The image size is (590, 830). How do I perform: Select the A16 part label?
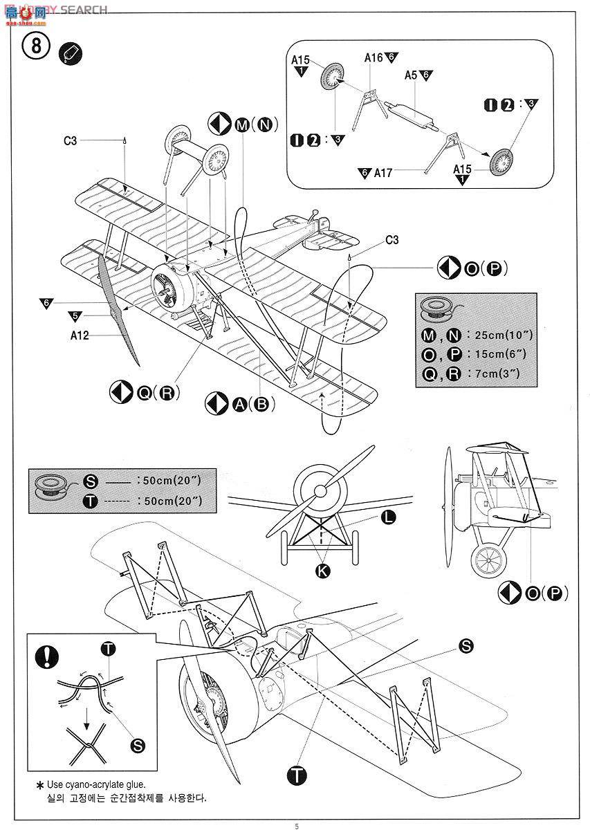[x=374, y=58]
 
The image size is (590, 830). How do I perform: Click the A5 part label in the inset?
[x=411, y=75]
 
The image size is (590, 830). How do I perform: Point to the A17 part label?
[x=383, y=173]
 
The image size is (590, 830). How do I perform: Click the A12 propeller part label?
[x=80, y=337]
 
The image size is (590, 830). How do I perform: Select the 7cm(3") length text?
[x=494, y=373]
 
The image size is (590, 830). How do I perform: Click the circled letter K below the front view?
[x=322, y=570]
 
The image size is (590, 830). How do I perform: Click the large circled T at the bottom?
[x=297, y=775]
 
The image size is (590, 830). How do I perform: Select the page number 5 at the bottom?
[x=297, y=826]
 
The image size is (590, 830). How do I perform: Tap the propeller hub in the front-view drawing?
[x=320, y=490]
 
